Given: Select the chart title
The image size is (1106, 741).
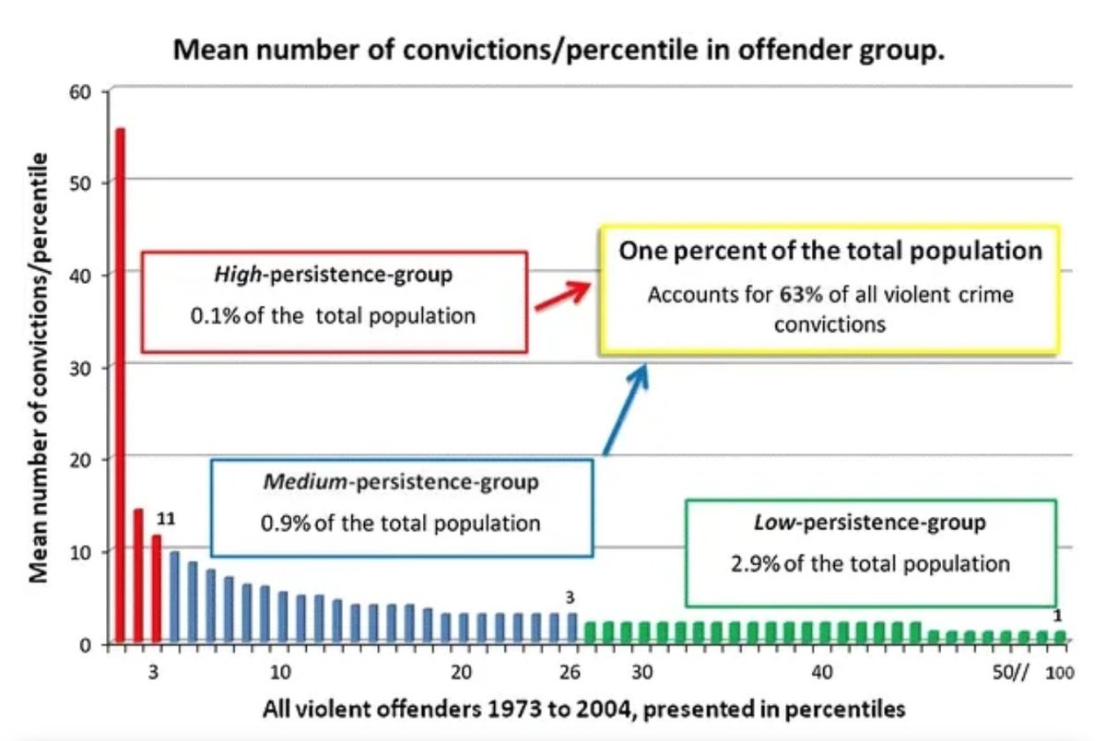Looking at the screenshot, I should (x=559, y=50).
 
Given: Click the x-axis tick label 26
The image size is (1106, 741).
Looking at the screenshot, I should (x=571, y=671).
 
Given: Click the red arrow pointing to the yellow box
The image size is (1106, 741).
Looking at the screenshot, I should (x=561, y=297).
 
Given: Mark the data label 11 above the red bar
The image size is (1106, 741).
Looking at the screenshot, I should (x=167, y=518).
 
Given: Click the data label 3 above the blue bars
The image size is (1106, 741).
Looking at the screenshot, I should (x=570, y=598).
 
